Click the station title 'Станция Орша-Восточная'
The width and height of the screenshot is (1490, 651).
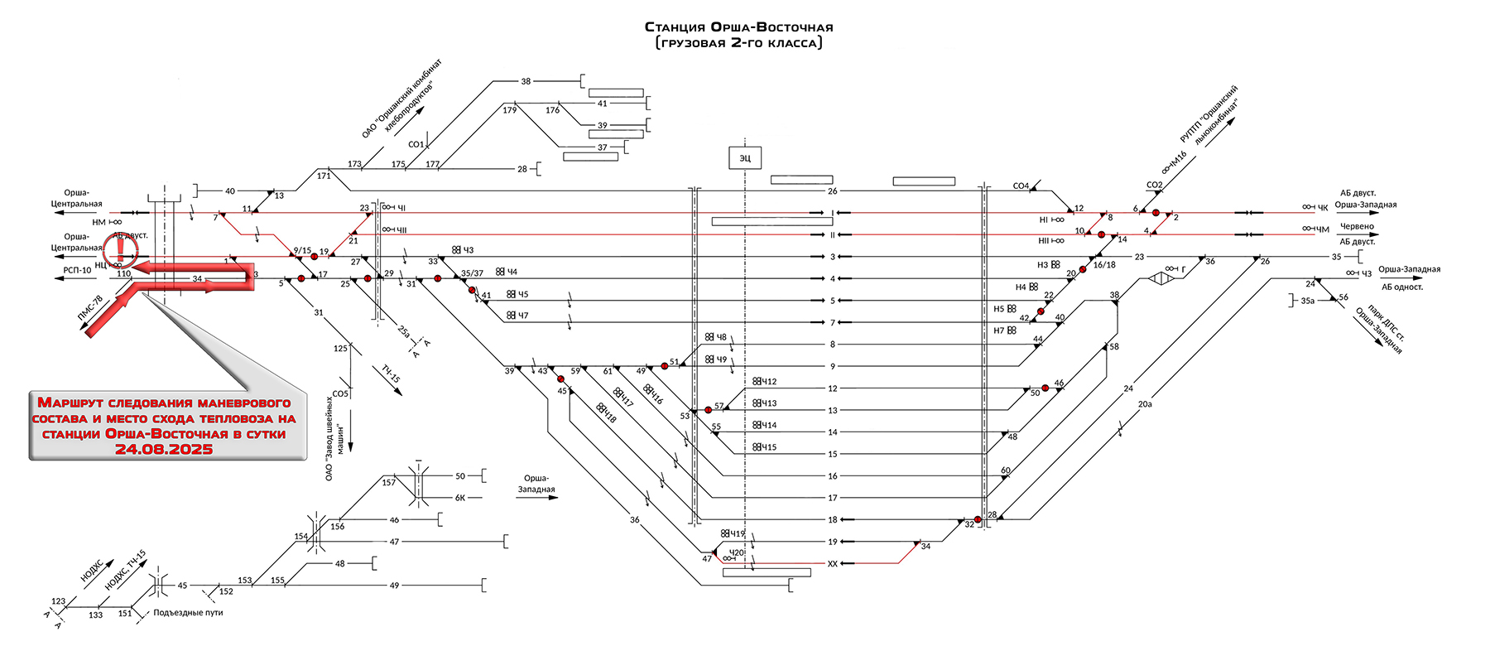738,27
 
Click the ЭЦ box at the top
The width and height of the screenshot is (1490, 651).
745,157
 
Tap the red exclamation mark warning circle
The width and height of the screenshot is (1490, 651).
120,247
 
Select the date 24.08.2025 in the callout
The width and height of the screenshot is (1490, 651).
164,450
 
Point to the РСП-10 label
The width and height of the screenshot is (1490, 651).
77,270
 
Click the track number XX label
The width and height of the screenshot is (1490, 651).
833,563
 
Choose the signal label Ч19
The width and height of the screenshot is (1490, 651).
736,534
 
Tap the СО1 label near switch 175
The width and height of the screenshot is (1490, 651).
416,145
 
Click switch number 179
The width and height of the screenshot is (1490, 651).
510,110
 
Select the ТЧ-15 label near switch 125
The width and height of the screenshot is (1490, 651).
391,374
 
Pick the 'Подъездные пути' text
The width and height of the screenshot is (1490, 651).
188,613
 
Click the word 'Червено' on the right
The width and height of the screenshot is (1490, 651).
1357,226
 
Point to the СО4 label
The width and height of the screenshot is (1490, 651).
1021,186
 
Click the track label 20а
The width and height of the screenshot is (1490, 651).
1145,404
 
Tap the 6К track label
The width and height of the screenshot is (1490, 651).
460,498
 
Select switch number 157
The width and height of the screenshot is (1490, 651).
389,482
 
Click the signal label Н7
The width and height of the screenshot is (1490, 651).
999,330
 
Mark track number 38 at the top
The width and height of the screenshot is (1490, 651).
526,81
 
